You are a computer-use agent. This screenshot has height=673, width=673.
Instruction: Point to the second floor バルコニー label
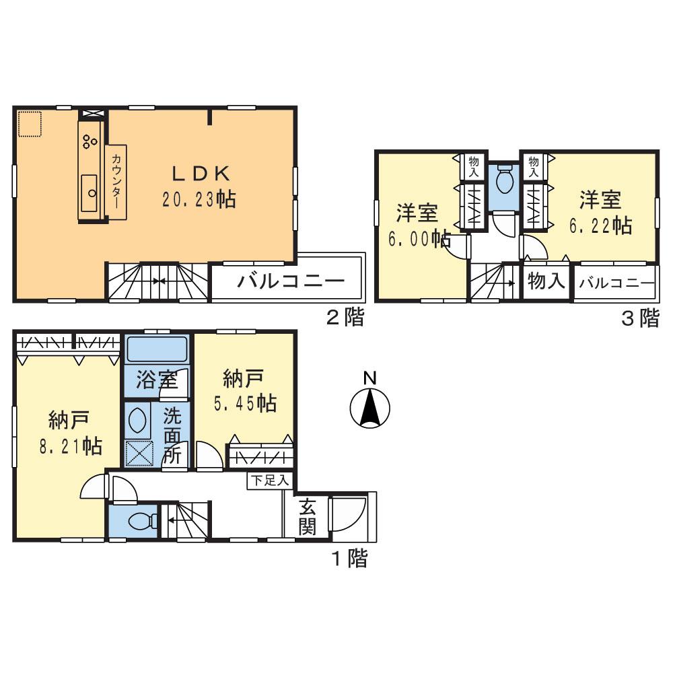[x=290, y=281]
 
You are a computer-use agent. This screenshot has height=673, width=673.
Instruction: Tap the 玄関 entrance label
[x=308, y=517]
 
